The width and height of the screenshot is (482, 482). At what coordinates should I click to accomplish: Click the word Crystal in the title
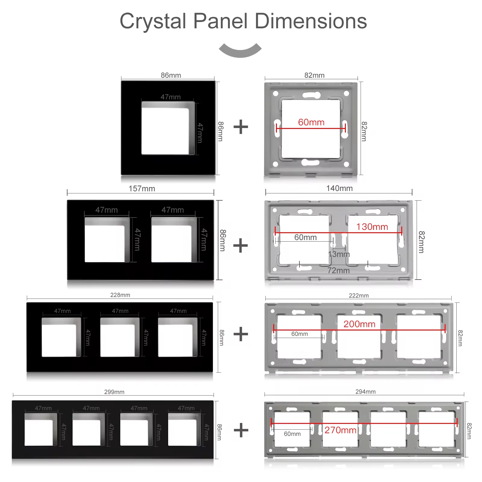(153, 22)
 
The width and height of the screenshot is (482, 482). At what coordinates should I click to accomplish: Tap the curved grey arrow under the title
(240, 51)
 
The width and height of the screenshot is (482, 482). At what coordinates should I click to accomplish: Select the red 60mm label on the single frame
(311, 122)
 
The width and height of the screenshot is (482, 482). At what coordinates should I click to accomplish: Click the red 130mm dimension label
(372, 227)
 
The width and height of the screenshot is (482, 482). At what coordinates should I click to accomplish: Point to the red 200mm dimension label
(359, 324)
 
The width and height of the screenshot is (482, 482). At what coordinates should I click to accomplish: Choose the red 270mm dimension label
(340, 430)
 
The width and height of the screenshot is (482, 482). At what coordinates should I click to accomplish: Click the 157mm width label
(142, 189)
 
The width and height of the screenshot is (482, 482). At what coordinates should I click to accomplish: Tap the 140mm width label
(340, 188)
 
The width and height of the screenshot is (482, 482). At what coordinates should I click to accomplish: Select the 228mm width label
(120, 295)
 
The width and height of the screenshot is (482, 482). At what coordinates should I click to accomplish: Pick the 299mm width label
(114, 392)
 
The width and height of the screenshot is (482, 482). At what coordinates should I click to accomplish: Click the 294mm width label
(365, 392)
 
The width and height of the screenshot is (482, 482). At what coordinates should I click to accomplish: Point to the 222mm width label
(359, 296)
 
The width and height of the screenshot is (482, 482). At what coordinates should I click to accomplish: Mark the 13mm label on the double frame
(339, 254)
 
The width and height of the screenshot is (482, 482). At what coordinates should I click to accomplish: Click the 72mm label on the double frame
(339, 271)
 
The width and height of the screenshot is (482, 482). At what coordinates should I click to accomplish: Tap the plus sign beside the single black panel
(241, 127)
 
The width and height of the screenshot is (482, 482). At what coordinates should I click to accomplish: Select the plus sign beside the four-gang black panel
(241, 430)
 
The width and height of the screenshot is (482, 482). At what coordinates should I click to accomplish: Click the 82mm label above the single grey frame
(315, 75)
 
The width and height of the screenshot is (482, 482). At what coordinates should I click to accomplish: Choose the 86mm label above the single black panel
(171, 75)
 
